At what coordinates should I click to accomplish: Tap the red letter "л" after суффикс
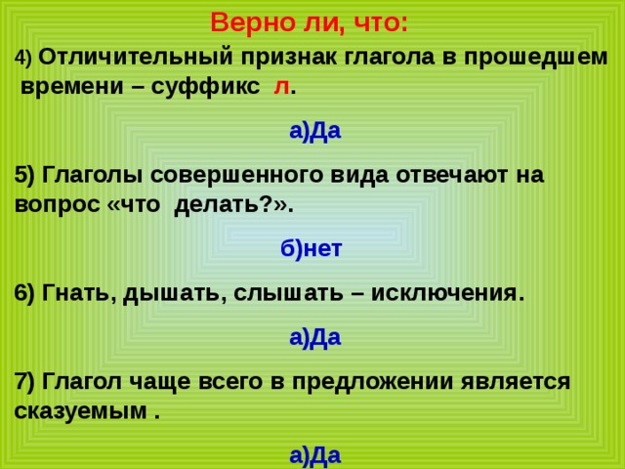281,87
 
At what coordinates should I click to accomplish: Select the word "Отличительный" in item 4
136,58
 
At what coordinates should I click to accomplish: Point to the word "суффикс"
205,87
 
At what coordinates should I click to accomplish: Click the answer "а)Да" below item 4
315,130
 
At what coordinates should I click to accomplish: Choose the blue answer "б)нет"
312,248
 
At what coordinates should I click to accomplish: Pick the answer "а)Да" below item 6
315,337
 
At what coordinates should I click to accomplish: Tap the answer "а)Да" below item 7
315,455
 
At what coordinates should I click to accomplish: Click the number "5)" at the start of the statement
25,175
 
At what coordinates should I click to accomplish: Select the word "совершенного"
236,176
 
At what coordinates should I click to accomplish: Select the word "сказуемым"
81,410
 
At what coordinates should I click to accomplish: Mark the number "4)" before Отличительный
22,59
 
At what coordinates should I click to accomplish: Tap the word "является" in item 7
516,382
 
